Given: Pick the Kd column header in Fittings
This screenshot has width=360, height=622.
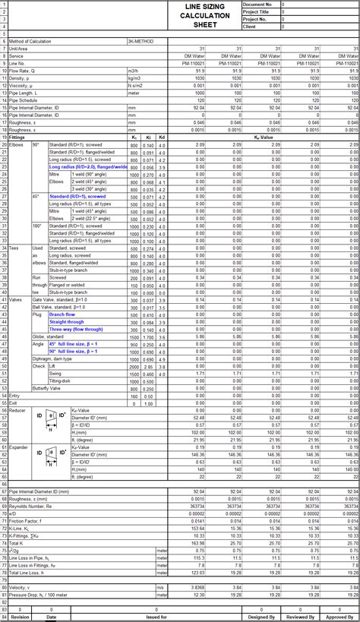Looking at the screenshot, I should [x=162, y=137].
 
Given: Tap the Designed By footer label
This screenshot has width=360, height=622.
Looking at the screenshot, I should [x=262, y=617].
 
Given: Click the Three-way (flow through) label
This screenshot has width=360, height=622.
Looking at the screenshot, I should [x=76, y=329].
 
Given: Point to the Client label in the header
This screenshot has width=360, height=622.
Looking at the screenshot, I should [x=250, y=27].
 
